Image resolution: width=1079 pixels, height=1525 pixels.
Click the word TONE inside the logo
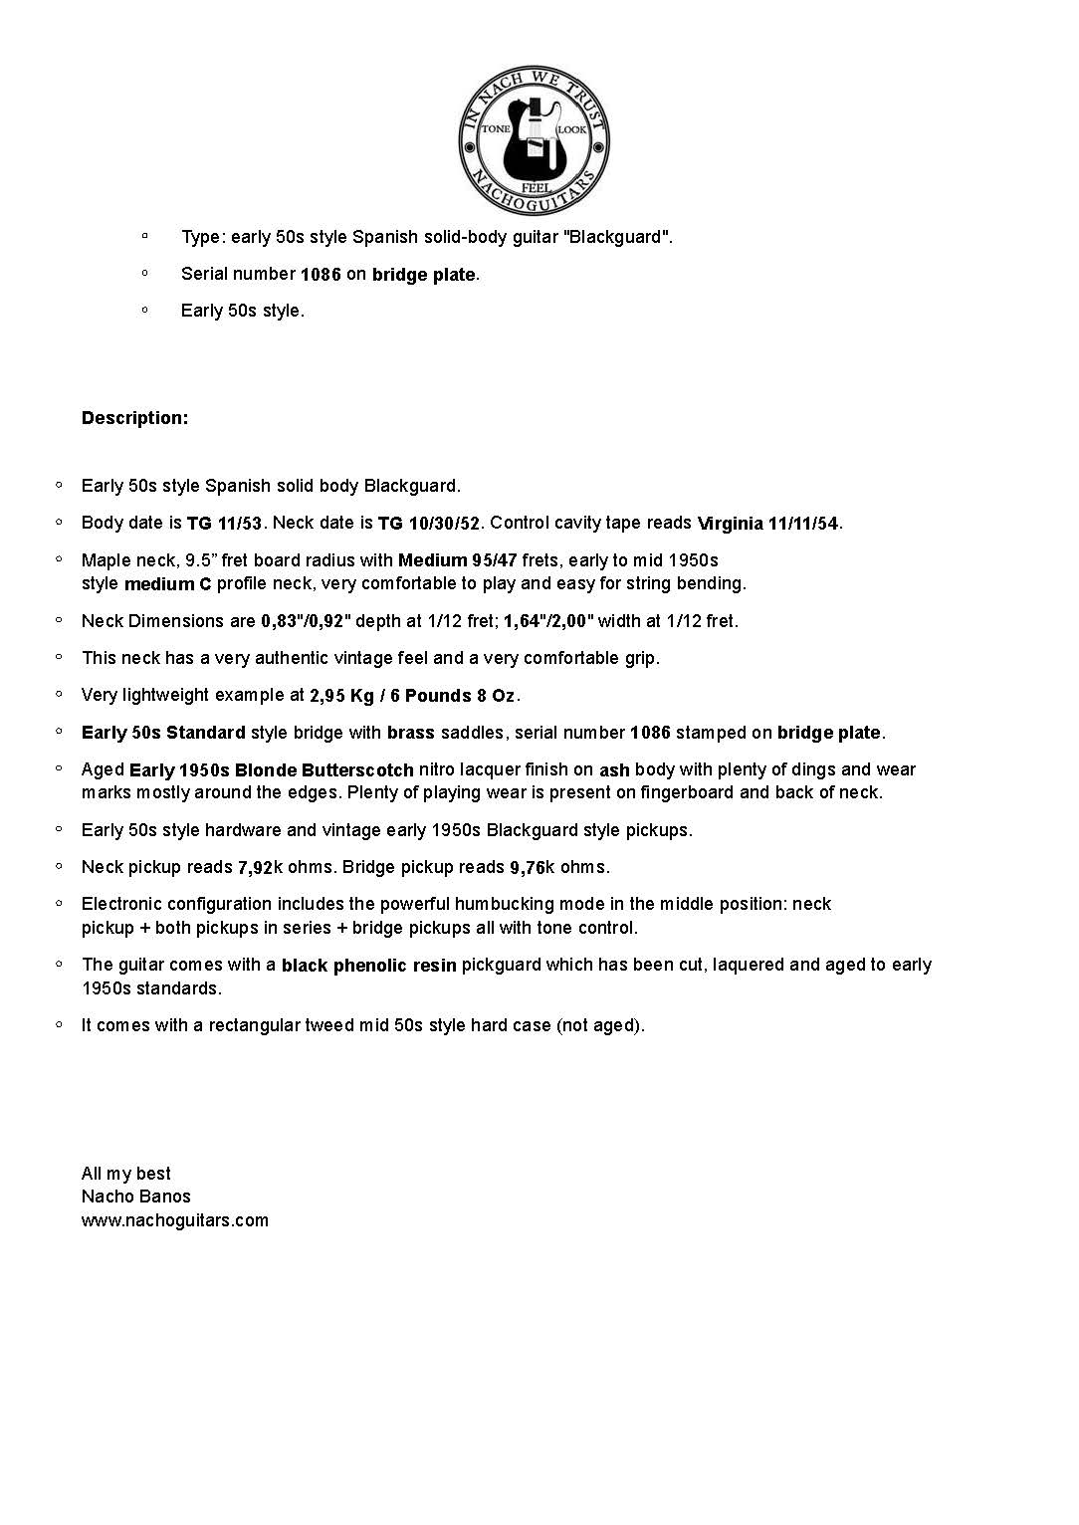[x=496, y=130]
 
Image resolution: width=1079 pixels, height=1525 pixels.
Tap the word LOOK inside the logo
[x=571, y=130]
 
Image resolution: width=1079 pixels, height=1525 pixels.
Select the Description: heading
[x=134, y=418]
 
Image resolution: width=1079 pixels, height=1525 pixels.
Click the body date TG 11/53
[x=224, y=524]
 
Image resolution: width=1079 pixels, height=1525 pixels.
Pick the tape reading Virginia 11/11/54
[x=767, y=524]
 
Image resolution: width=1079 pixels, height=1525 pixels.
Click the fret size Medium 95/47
[x=457, y=560]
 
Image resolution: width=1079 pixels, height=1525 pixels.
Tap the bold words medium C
[x=167, y=584]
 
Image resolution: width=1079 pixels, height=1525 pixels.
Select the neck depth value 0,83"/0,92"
[x=306, y=622]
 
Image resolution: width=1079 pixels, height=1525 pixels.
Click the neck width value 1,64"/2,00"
[x=548, y=622]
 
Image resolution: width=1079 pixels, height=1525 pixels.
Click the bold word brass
[x=410, y=734]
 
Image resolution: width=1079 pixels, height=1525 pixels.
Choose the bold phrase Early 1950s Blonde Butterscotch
[x=271, y=770]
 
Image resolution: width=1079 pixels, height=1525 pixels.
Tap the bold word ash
[x=614, y=770]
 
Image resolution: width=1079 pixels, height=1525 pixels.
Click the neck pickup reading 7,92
[x=255, y=868]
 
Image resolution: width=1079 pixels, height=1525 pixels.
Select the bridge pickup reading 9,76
[x=528, y=868]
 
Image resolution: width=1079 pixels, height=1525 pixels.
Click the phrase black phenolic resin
[x=368, y=966]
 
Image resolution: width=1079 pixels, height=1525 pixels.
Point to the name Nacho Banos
[x=135, y=1197]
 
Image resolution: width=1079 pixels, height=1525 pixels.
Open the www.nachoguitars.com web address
[x=175, y=1220]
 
